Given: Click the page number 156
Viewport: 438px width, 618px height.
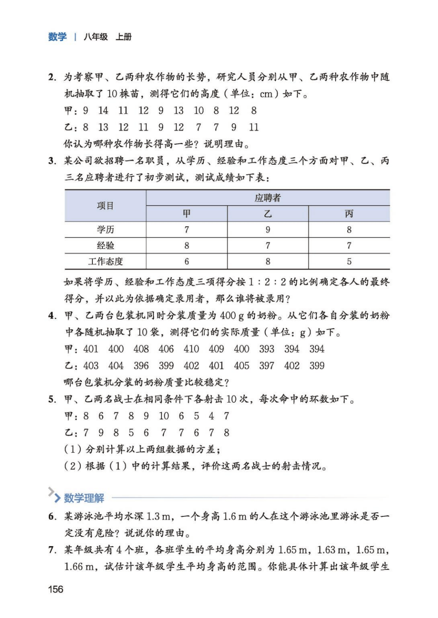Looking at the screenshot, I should [56, 589].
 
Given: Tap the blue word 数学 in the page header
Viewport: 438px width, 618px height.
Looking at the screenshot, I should [57, 37].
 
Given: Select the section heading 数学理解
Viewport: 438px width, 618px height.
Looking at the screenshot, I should [84, 498].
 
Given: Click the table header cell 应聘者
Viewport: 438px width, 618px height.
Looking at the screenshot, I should [268, 198].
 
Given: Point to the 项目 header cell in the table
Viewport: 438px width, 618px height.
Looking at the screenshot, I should [105, 206].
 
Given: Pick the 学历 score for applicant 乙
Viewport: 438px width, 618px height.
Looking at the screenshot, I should [268, 230].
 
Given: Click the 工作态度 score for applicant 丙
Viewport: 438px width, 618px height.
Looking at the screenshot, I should [349, 262].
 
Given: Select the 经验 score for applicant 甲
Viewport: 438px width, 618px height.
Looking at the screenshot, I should [187, 245].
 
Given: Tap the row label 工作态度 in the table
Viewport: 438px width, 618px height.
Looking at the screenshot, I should [105, 262].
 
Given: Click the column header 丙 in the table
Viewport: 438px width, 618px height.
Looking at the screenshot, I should [349, 214].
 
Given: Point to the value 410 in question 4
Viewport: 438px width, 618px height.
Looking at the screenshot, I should [191, 349].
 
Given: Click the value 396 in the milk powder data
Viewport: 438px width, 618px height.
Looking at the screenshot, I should [141, 365].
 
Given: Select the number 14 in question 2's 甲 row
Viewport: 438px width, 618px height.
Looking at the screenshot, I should [103, 110].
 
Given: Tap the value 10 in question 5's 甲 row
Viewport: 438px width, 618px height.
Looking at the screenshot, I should [164, 416].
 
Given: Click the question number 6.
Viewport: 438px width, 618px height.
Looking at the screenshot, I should [52, 516].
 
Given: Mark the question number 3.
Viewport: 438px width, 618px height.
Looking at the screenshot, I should [52, 161].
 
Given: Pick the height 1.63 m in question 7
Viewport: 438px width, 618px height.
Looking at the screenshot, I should [333, 549].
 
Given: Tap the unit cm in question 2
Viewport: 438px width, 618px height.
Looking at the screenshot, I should [266, 94].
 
